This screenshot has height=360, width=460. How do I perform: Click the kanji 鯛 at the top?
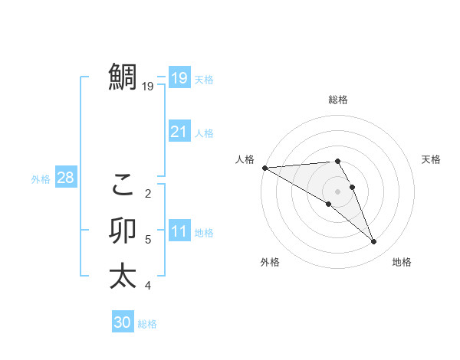[123, 77]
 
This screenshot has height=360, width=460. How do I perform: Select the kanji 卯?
[123, 231]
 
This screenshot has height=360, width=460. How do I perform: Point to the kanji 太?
[123, 276]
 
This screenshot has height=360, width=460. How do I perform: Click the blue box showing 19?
[179, 77]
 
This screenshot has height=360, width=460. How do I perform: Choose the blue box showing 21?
[179, 132]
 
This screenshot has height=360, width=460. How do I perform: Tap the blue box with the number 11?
[179, 231]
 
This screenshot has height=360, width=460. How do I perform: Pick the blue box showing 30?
[123, 322]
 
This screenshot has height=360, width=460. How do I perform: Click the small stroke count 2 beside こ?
[148, 193]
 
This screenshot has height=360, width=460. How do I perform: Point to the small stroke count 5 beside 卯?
[148, 240]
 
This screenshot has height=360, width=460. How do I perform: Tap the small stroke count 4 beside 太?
[148, 286]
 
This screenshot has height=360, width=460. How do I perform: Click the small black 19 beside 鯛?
[148, 87]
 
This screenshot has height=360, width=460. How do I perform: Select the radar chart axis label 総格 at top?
[338, 100]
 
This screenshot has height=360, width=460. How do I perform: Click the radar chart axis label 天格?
[432, 159]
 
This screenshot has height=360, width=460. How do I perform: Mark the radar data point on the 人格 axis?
[264, 167]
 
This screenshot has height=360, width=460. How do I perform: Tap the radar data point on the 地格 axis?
[373, 241]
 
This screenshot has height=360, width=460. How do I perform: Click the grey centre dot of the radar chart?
[337, 191]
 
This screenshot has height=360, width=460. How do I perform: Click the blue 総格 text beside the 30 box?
[147, 324]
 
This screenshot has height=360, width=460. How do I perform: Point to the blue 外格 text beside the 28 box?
[41, 179]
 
